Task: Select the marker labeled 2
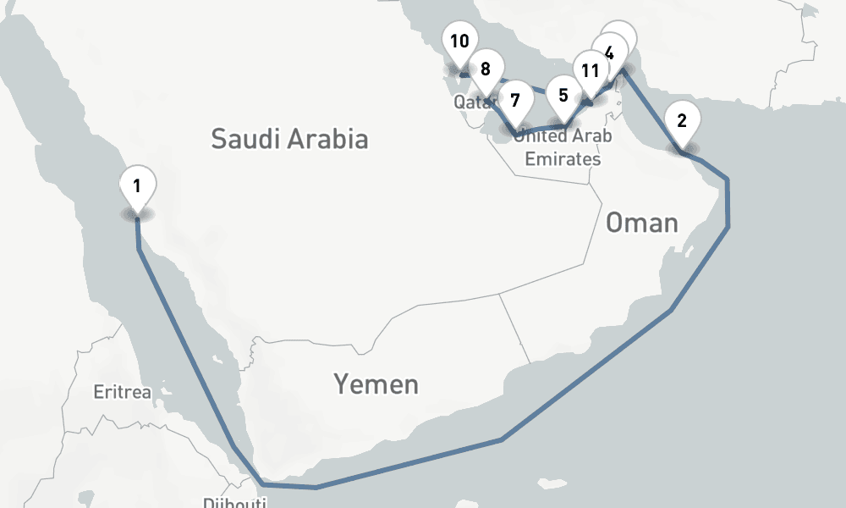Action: point(682,120)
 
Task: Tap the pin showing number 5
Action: point(563,95)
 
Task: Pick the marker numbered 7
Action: point(515,99)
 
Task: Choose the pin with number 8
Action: point(486,69)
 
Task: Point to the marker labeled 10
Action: point(459,41)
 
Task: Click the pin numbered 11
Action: point(591,70)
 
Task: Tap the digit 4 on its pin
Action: point(609,50)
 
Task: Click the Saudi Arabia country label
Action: point(289,139)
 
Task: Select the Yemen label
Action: point(376,384)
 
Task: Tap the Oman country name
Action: point(642,223)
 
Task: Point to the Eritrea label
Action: point(122,392)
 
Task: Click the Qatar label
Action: point(471,102)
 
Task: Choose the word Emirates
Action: point(563,159)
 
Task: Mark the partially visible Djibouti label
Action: point(234,503)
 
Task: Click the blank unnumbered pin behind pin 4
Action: point(624,34)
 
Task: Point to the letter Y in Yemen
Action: point(342,384)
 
